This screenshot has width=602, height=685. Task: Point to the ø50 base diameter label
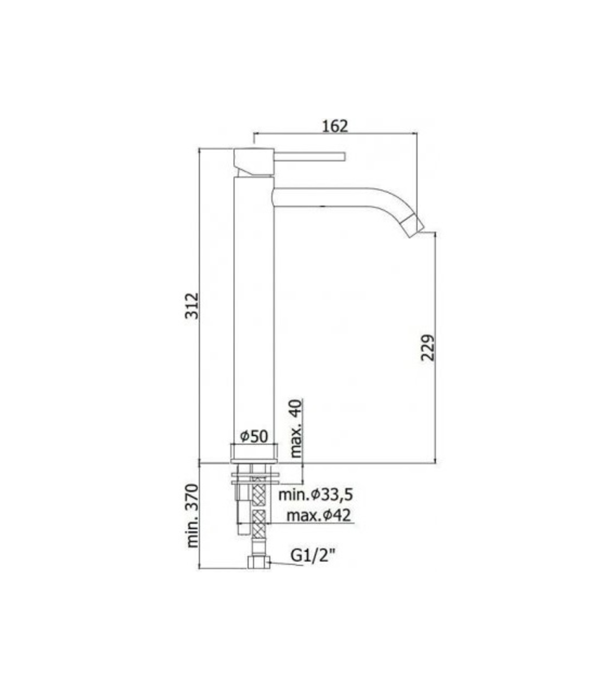tap(254, 436)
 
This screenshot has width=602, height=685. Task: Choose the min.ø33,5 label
tap(315, 494)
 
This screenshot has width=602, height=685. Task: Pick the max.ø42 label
tap(319, 515)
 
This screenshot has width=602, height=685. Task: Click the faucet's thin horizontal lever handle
tap(310, 156)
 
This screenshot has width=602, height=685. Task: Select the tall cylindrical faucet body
tap(253, 308)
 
